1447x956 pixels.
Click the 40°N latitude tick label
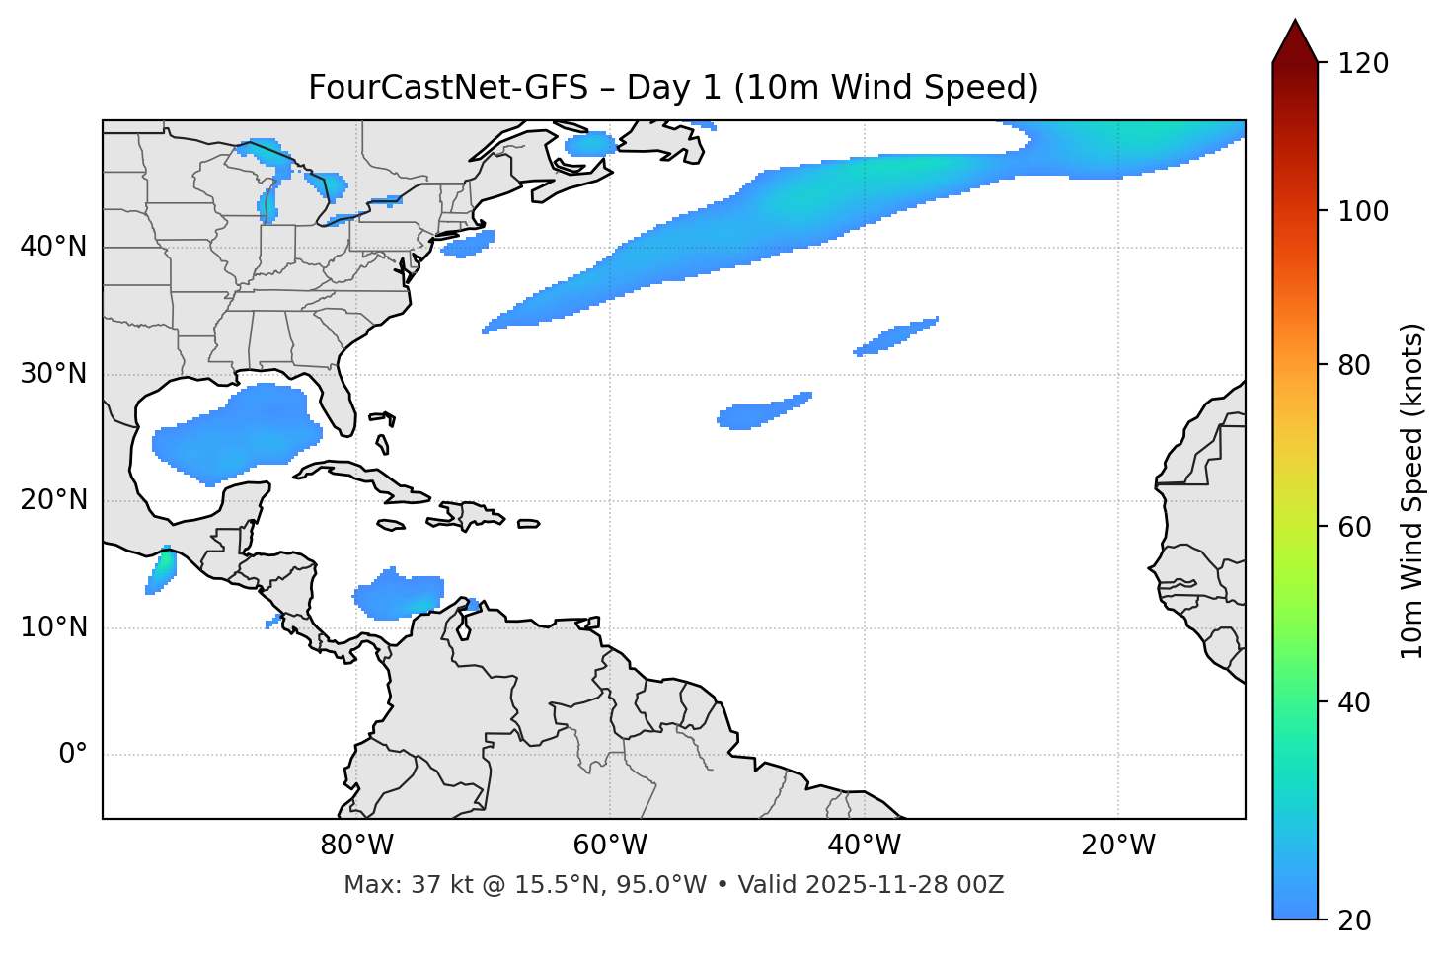(53, 247)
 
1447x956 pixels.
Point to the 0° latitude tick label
(73, 755)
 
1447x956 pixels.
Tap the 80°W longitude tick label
(357, 846)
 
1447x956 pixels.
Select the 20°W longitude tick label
(1118, 846)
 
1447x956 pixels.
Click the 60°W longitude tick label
(610, 846)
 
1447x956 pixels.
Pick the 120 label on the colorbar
(1363, 64)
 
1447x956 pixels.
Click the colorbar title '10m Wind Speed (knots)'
(1411, 490)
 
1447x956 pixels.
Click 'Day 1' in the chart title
(674, 88)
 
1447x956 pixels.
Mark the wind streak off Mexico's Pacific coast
(161, 569)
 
